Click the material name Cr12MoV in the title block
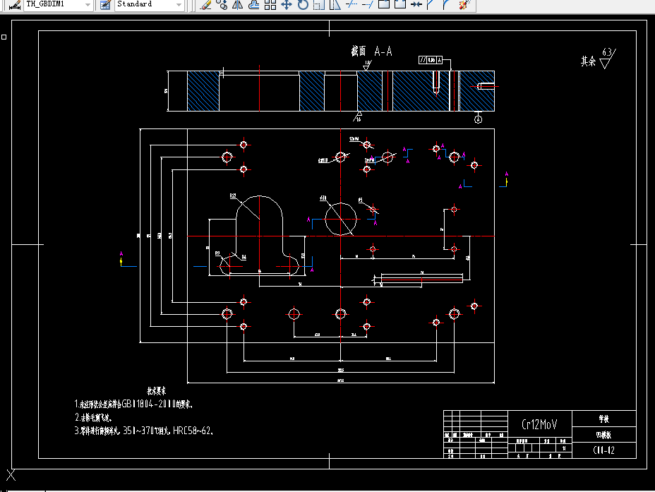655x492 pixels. [539, 424]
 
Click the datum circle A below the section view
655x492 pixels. [478, 120]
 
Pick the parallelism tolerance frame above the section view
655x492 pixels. [430, 61]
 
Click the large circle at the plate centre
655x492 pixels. [340, 219]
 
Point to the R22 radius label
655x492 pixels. [232, 196]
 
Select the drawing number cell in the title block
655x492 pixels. [605, 450]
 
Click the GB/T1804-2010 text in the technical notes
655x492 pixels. [148, 404]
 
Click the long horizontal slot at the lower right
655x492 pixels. [421, 279]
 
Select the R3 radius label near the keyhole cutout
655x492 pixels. [217, 252]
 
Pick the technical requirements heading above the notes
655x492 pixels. [156, 390]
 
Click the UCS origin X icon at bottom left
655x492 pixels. [11, 475]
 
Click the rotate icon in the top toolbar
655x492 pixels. [302, 5]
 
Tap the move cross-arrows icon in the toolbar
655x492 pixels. [287, 5]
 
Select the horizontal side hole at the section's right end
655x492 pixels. [487, 87]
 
